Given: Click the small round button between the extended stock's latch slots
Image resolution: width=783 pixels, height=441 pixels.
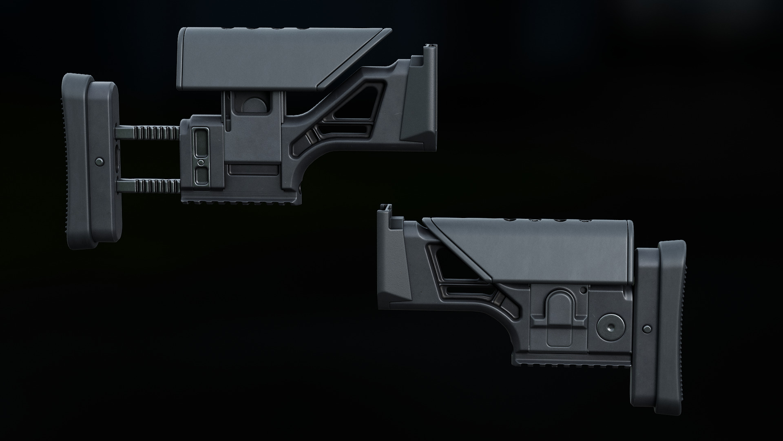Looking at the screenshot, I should pyautogui.click(x=200, y=163).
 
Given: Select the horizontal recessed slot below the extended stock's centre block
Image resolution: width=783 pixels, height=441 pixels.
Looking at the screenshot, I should pyautogui.click(x=253, y=169).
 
